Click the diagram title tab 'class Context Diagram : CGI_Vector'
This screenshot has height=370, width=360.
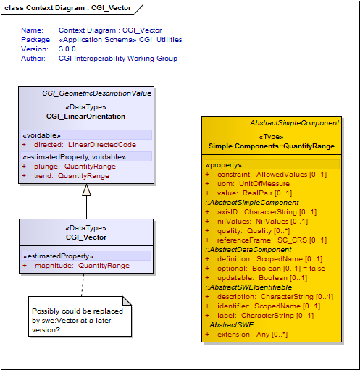[67, 8]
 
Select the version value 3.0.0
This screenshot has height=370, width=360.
[67, 49]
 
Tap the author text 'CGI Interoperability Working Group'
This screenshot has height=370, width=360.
[118, 59]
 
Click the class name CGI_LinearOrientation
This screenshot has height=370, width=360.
[85, 117]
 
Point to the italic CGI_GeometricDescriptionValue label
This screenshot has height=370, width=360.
[97, 93]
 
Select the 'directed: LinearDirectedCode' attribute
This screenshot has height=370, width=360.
[85, 145]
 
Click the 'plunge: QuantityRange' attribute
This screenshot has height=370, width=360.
[75, 167]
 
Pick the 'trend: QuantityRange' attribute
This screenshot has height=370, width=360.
[72, 176]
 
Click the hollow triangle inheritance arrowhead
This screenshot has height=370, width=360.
[86, 190]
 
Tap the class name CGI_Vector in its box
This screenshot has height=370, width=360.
[86, 237]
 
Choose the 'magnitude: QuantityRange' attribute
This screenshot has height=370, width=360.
[82, 266]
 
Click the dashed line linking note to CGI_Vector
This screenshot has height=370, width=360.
[83, 285]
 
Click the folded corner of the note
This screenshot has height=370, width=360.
[127, 300]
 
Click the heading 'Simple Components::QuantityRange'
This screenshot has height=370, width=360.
[272, 146]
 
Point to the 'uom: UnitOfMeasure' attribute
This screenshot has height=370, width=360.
[254, 184]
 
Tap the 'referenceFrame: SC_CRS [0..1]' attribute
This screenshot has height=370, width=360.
[272, 240]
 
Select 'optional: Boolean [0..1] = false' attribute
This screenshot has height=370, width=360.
[271, 269]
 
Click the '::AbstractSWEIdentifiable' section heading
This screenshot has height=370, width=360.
[248, 287]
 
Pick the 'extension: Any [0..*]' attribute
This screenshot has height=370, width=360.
[252, 335]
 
